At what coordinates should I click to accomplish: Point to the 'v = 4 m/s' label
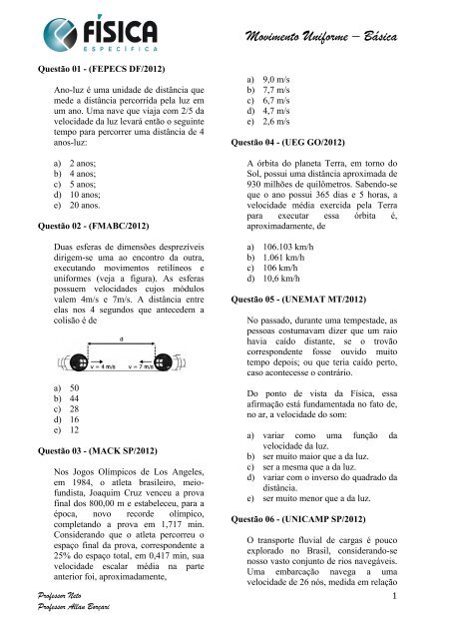(x=98, y=365)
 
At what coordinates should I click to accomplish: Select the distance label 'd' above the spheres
(x=121, y=339)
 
